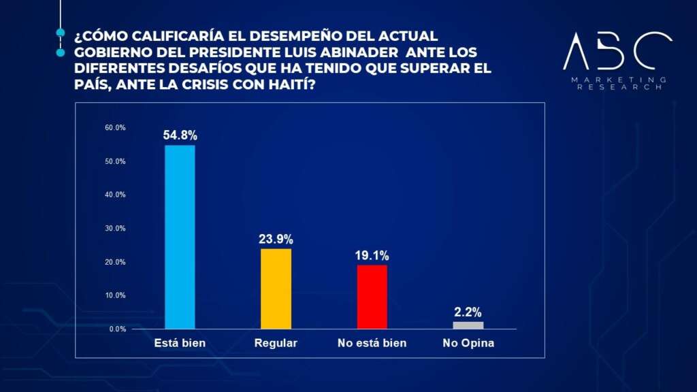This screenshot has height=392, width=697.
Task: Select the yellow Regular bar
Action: (276, 289)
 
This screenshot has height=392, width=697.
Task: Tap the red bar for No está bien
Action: (372, 297)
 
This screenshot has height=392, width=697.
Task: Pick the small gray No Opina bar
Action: (468, 325)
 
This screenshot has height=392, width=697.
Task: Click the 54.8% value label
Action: (180, 135)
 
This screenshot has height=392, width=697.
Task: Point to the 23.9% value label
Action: (276, 239)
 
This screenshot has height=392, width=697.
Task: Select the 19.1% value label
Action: (372, 255)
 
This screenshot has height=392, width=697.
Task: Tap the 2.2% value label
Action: (468, 312)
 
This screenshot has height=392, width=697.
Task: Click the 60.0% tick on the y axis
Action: (115, 128)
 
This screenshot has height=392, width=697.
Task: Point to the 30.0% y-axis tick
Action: (115, 229)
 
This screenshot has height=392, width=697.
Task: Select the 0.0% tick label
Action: (116, 329)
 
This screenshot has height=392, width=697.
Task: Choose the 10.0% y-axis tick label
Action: (115, 295)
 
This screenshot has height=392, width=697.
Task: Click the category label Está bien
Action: (180, 343)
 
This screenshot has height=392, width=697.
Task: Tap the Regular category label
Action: (276, 343)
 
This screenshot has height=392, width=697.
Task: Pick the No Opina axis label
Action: (468, 343)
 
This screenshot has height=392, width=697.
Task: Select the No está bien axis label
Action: (372, 343)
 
